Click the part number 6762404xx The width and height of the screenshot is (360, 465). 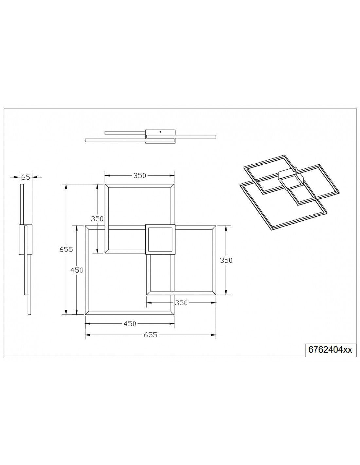coord(330,350)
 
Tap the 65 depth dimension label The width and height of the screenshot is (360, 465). coord(26,177)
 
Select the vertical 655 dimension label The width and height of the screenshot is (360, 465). coord(66,249)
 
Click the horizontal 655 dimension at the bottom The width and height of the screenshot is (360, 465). coord(151,335)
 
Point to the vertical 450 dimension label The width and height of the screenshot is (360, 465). coord(76,270)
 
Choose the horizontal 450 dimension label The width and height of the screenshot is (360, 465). coord(130,324)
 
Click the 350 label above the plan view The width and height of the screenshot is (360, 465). coord(139,176)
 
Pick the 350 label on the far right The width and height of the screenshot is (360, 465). coord(226,260)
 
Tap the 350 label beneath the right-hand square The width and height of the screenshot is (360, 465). coord(181,303)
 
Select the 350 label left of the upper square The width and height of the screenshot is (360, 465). coord(97,219)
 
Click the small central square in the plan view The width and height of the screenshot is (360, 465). coord(160,239)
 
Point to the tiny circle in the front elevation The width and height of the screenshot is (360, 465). coord(160,132)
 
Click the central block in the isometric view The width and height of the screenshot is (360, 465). coord(292,181)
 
